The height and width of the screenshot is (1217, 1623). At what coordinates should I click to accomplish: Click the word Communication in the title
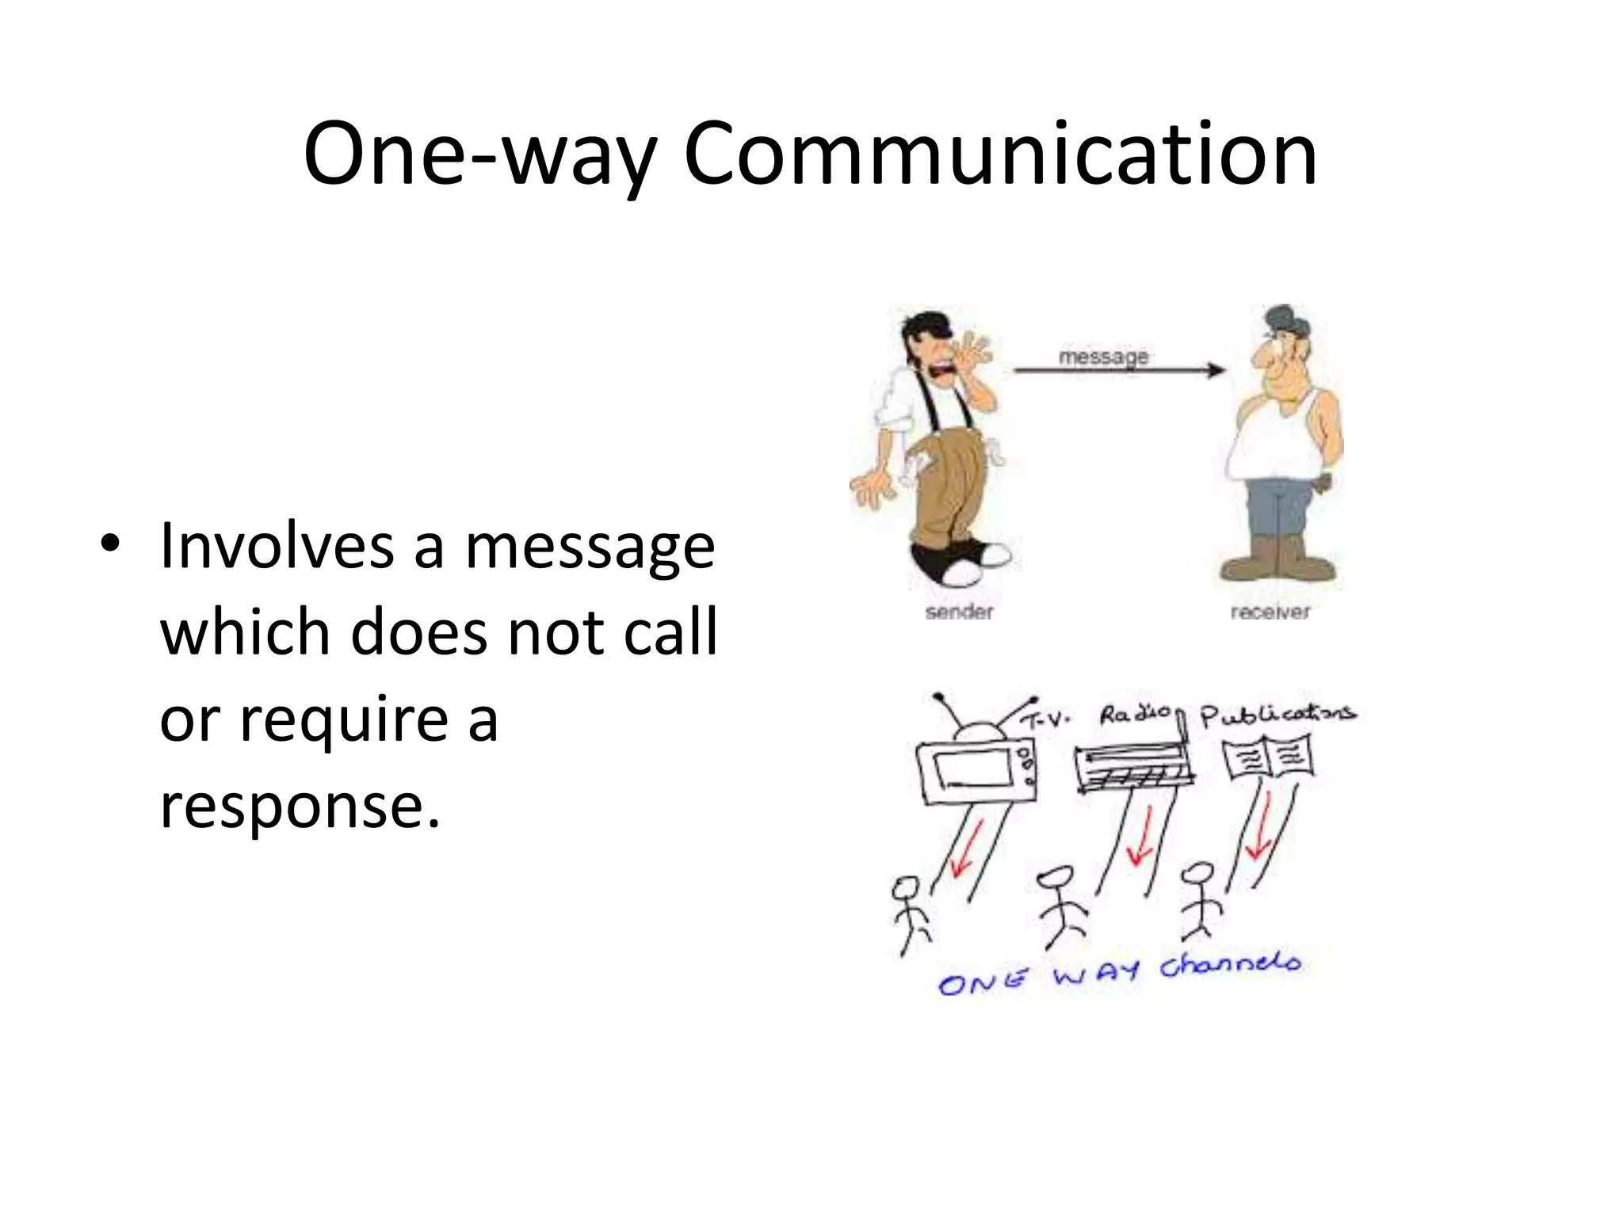(x=1000, y=155)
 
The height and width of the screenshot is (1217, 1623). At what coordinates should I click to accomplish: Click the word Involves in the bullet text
(x=277, y=545)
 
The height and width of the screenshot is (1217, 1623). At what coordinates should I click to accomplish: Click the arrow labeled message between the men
(x=1118, y=369)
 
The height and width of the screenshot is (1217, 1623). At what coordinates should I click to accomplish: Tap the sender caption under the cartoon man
(x=959, y=612)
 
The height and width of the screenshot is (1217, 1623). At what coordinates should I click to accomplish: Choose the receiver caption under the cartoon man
(x=1270, y=612)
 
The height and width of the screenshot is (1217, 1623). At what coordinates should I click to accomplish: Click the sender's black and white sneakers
(x=960, y=559)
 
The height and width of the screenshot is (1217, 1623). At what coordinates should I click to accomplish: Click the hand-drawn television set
(x=976, y=769)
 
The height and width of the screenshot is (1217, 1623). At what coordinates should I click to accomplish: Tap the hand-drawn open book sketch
(x=1267, y=757)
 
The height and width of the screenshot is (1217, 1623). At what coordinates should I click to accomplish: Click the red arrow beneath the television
(x=966, y=848)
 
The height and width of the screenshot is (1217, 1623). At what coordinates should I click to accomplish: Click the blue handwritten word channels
(x=1231, y=965)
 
